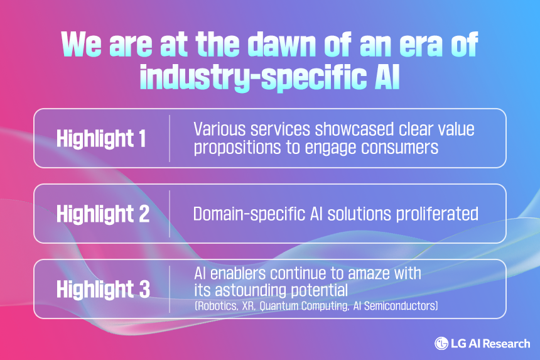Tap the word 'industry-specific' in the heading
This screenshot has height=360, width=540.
pyautogui.click(x=253, y=77)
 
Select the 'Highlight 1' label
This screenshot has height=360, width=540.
pyautogui.click(x=101, y=138)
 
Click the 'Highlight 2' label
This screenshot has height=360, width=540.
pyautogui.click(x=103, y=214)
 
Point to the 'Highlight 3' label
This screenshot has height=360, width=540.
pyautogui.click(x=104, y=289)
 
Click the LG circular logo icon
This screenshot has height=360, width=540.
pyautogui.click(x=441, y=344)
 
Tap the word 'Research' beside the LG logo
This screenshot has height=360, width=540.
pyautogui.click(x=509, y=344)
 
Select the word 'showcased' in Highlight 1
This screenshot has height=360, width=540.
pyautogui.click(x=354, y=129)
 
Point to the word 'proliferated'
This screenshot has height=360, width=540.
pyautogui.click(x=437, y=214)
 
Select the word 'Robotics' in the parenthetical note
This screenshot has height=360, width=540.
pyautogui.click(x=216, y=306)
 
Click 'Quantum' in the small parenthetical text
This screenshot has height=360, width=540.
pyautogui.click(x=279, y=306)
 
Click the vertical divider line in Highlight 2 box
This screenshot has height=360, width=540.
pyautogui.click(x=170, y=214)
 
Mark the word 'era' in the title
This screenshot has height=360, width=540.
pyautogui.click(x=421, y=45)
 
